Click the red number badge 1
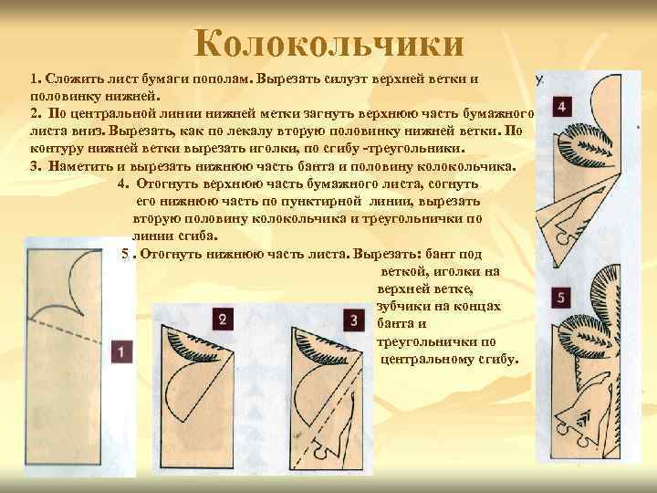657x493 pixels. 120,350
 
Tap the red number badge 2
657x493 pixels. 222,319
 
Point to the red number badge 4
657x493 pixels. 562,108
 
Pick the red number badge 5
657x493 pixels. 562,297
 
